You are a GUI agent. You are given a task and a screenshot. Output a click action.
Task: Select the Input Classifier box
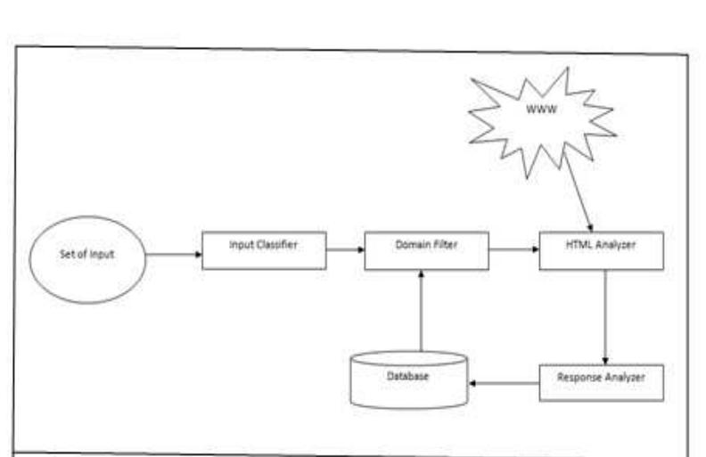point(264,250)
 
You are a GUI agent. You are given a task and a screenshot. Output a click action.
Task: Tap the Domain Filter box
point(426,250)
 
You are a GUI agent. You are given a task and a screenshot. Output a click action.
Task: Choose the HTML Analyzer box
point(602,250)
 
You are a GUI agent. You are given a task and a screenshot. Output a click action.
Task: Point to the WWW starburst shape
point(540,114)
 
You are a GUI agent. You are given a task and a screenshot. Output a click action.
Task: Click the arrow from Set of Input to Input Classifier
point(173,254)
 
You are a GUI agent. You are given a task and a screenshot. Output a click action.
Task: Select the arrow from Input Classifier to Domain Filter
point(345,249)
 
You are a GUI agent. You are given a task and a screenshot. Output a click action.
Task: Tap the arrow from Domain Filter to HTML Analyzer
point(514,249)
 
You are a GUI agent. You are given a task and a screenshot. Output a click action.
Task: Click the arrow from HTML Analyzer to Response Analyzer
point(606,317)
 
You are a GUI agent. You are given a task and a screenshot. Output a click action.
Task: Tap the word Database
point(408,377)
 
